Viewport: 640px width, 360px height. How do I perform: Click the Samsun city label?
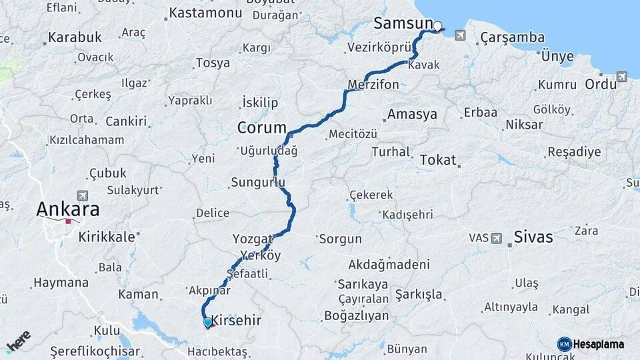tap(403, 23)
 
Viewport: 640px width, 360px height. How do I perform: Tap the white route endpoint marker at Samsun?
tap(438, 27)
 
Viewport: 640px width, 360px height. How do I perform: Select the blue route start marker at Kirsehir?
tap(207, 323)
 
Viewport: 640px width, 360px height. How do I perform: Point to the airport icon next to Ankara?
tap(83, 196)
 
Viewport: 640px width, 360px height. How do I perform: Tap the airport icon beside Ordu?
tap(622, 77)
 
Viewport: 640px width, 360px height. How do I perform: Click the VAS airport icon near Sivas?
tap(497, 238)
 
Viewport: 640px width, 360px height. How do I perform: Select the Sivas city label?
tap(533, 237)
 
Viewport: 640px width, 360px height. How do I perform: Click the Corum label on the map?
tap(262, 127)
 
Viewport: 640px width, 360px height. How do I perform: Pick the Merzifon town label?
tap(373, 85)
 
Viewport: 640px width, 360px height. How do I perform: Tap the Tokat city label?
tap(438, 160)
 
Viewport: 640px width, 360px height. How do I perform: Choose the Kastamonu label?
tap(205, 13)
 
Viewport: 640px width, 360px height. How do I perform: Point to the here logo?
tap(19, 341)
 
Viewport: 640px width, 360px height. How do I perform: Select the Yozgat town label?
tap(253, 239)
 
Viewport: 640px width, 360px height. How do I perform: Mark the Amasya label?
tap(412, 114)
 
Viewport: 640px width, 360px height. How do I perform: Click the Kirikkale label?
tap(107, 237)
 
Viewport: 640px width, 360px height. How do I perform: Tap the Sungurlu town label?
tap(258, 182)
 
